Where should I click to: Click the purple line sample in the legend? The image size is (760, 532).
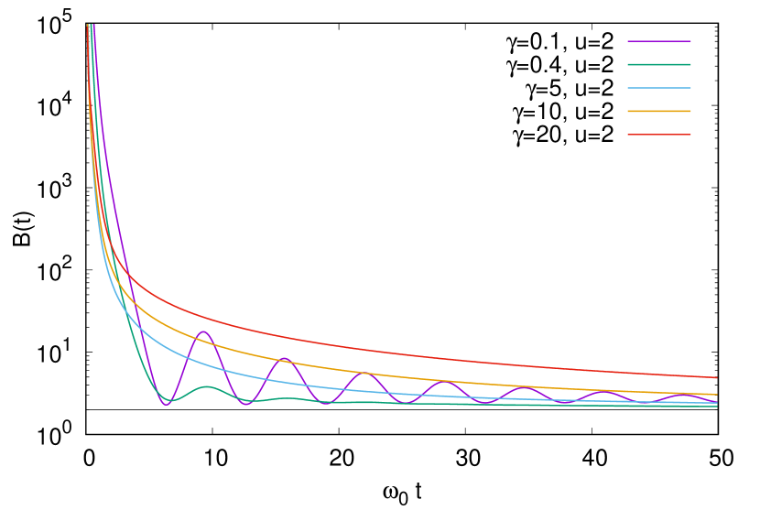click(x=659, y=41)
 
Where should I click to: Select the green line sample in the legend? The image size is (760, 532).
click(x=659, y=65)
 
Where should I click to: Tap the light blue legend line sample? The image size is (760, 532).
click(x=659, y=88)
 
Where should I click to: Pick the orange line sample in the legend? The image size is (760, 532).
click(x=659, y=111)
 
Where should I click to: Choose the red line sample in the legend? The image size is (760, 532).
click(x=659, y=135)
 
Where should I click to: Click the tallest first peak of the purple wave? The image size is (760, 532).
click(x=203, y=331)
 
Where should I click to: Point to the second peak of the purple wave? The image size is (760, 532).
click(x=284, y=358)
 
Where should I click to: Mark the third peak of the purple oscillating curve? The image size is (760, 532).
click(x=364, y=373)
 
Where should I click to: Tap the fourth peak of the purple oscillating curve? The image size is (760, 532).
click(x=444, y=382)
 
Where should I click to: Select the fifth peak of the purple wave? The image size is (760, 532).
click(x=524, y=388)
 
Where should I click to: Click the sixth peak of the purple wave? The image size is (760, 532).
click(x=603, y=392)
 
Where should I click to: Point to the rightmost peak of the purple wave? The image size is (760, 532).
click(x=683, y=395)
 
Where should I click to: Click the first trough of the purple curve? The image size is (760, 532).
click(x=166, y=405)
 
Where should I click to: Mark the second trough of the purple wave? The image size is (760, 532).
click(x=245, y=404)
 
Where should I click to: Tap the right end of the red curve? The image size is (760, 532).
click(x=717, y=377)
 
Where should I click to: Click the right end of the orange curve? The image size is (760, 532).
click(x=717, y=395)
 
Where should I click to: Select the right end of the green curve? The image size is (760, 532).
click(x=717, y=406)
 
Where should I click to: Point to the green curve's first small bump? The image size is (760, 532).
click(x=207, y=386)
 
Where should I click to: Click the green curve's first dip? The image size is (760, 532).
click(x=169, y=400)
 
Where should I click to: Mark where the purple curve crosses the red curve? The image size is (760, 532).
click(x=127, y=275)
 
